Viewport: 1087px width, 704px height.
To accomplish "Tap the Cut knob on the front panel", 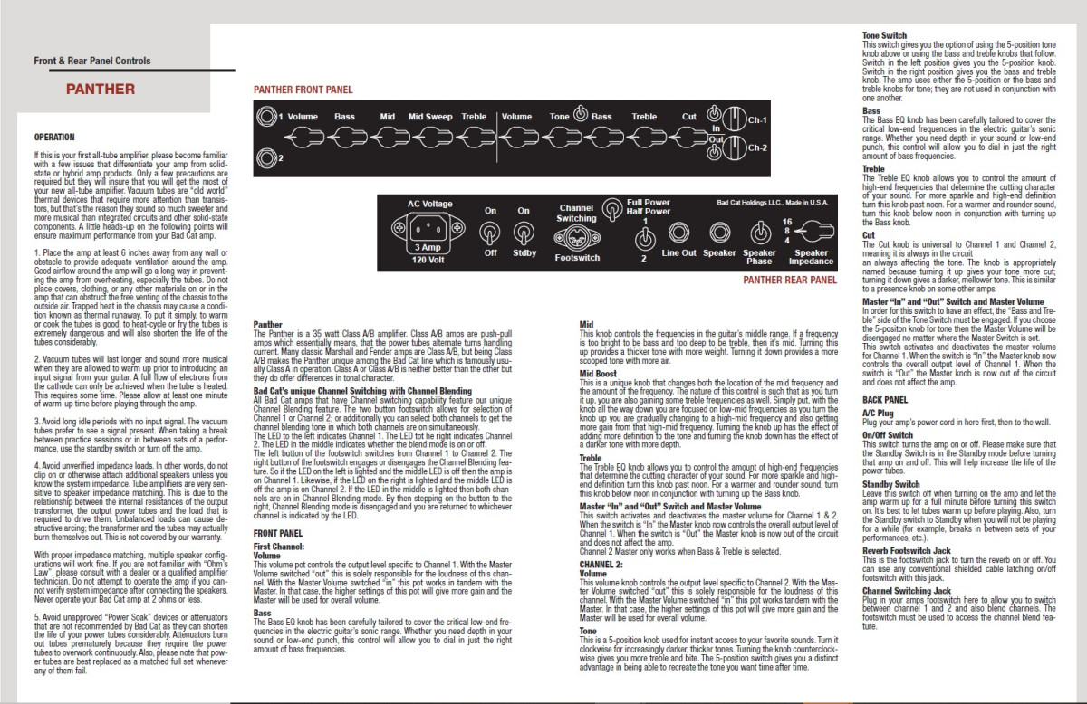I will [x=690, y=139].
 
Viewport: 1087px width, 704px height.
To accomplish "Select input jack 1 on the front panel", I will [x=266, y=117].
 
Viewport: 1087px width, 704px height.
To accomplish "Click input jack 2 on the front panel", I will [x=266, y=159].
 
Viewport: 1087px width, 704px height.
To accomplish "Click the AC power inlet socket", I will [x=418, y=226].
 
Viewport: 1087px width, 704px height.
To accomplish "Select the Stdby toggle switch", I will [x=524, y=233].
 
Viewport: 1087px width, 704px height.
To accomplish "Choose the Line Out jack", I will [x=679, y=233].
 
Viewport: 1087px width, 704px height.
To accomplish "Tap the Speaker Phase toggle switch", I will [x=759, y=233].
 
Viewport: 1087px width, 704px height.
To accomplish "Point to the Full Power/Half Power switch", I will [x=645, y=238].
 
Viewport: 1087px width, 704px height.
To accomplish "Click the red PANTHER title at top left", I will [x=100, y=89].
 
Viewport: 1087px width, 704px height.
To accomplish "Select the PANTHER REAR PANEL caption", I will [x=790, y=281].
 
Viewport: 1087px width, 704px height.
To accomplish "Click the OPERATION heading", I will [x=54, y=137].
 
